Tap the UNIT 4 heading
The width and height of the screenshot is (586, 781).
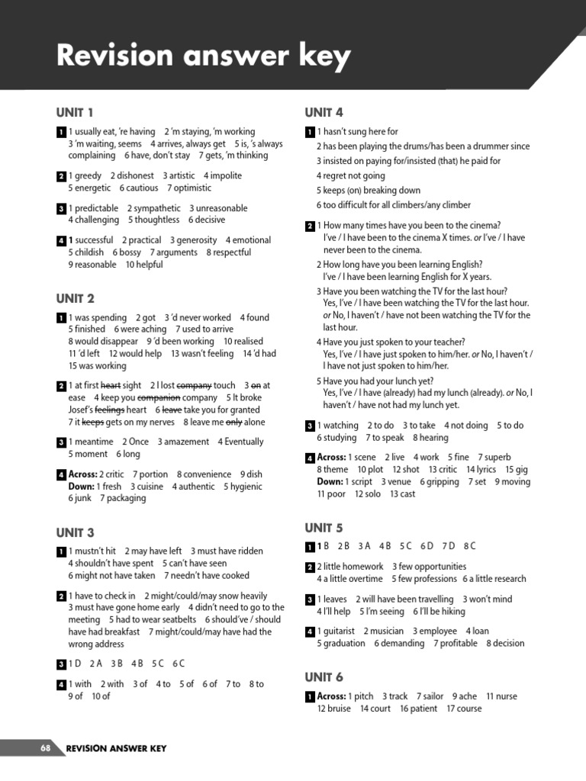pos(324,113)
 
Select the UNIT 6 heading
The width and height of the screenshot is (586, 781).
pos(324,677)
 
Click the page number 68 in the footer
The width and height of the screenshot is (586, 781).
pos(45,748)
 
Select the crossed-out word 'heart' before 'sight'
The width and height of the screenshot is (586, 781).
pos(111,386)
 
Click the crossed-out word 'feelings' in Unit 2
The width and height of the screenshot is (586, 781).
pos(109,410)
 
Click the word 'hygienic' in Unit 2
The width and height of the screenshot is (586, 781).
pos(246,487)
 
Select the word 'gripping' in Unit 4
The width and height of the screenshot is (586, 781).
pos(443,482)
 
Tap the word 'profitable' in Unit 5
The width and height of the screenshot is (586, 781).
pos(459,644)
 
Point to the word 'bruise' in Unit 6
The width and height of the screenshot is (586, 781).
pos(340,709)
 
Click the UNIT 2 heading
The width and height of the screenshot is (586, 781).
pos(75,298)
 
